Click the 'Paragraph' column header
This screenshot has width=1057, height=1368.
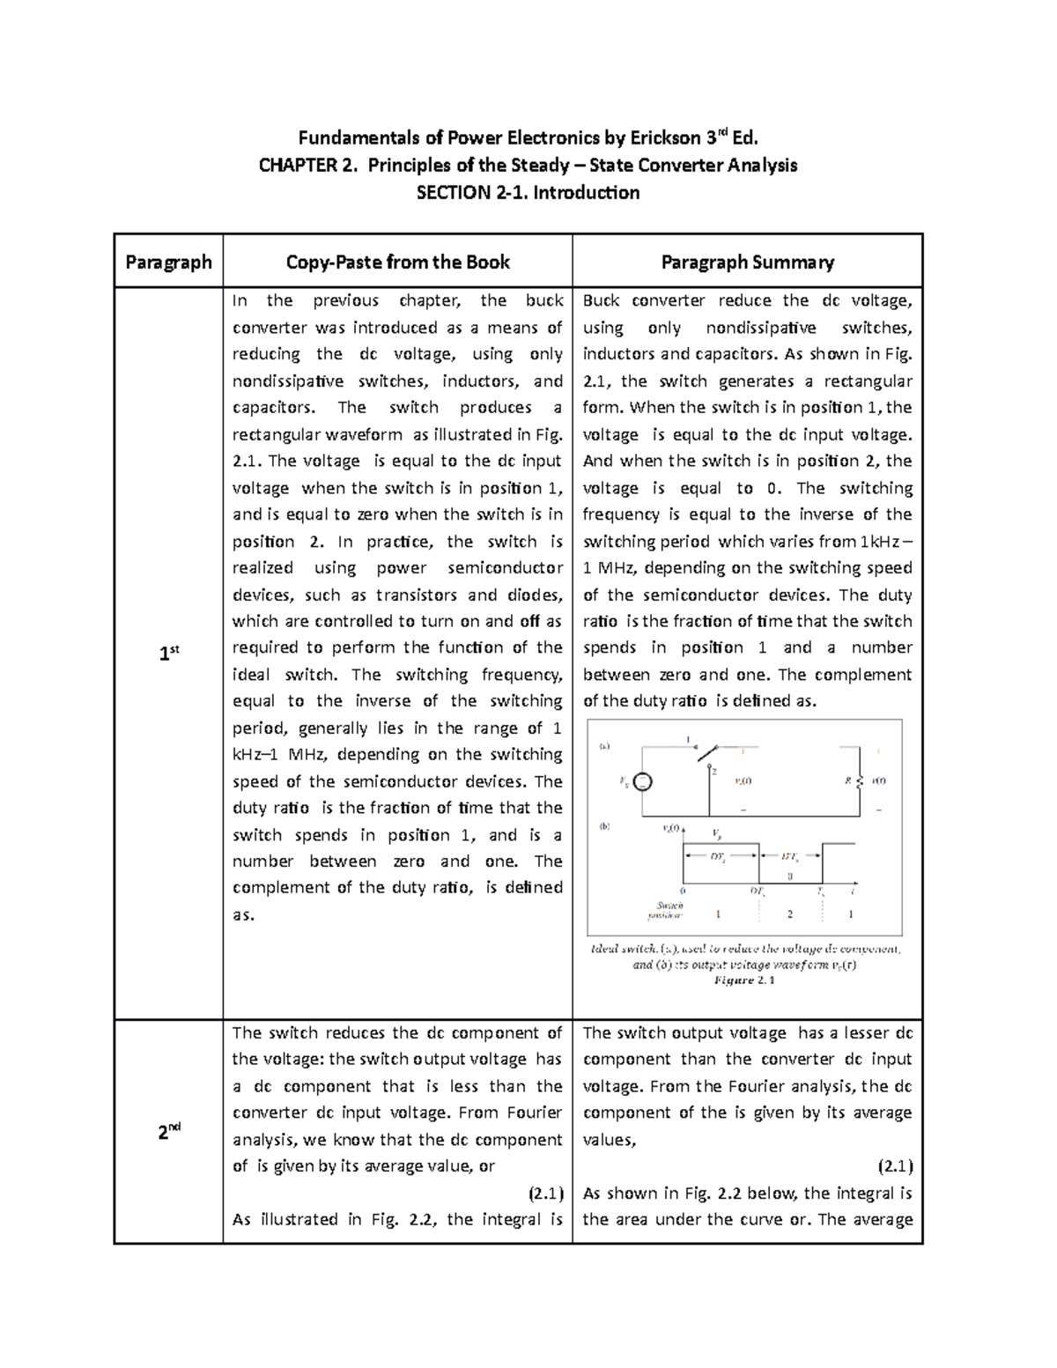click(x=168, y=262)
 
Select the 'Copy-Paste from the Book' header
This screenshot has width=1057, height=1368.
click(x=397, y=262)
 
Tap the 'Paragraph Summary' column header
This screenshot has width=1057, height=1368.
click(x=747, y=262)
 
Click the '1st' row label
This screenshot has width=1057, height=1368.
click(x=168, y=654)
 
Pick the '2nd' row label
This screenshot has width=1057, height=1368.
click(x=168, y=1133)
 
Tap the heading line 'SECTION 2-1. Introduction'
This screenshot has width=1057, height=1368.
click(x=528, y=192)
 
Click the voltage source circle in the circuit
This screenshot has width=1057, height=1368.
click(x=643, y=781)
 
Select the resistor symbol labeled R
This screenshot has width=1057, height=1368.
click(x=859, y=781)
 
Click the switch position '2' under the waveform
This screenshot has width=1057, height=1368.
click(x=789, y=914)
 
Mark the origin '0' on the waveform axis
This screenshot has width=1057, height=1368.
click(x=684, y=891)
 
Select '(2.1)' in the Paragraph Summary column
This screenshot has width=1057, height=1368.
click(x=895, y=1166)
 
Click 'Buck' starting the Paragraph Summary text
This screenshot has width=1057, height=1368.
click(x=601, y=301)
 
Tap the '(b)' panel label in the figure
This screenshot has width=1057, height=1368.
click(x=605, y=827)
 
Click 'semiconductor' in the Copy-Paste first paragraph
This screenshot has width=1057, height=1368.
click(x=505, y=568)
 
